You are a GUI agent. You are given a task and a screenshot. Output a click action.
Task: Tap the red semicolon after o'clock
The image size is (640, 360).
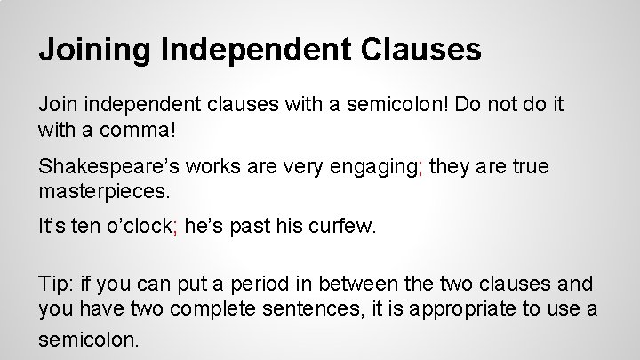[x=178, y=228]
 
